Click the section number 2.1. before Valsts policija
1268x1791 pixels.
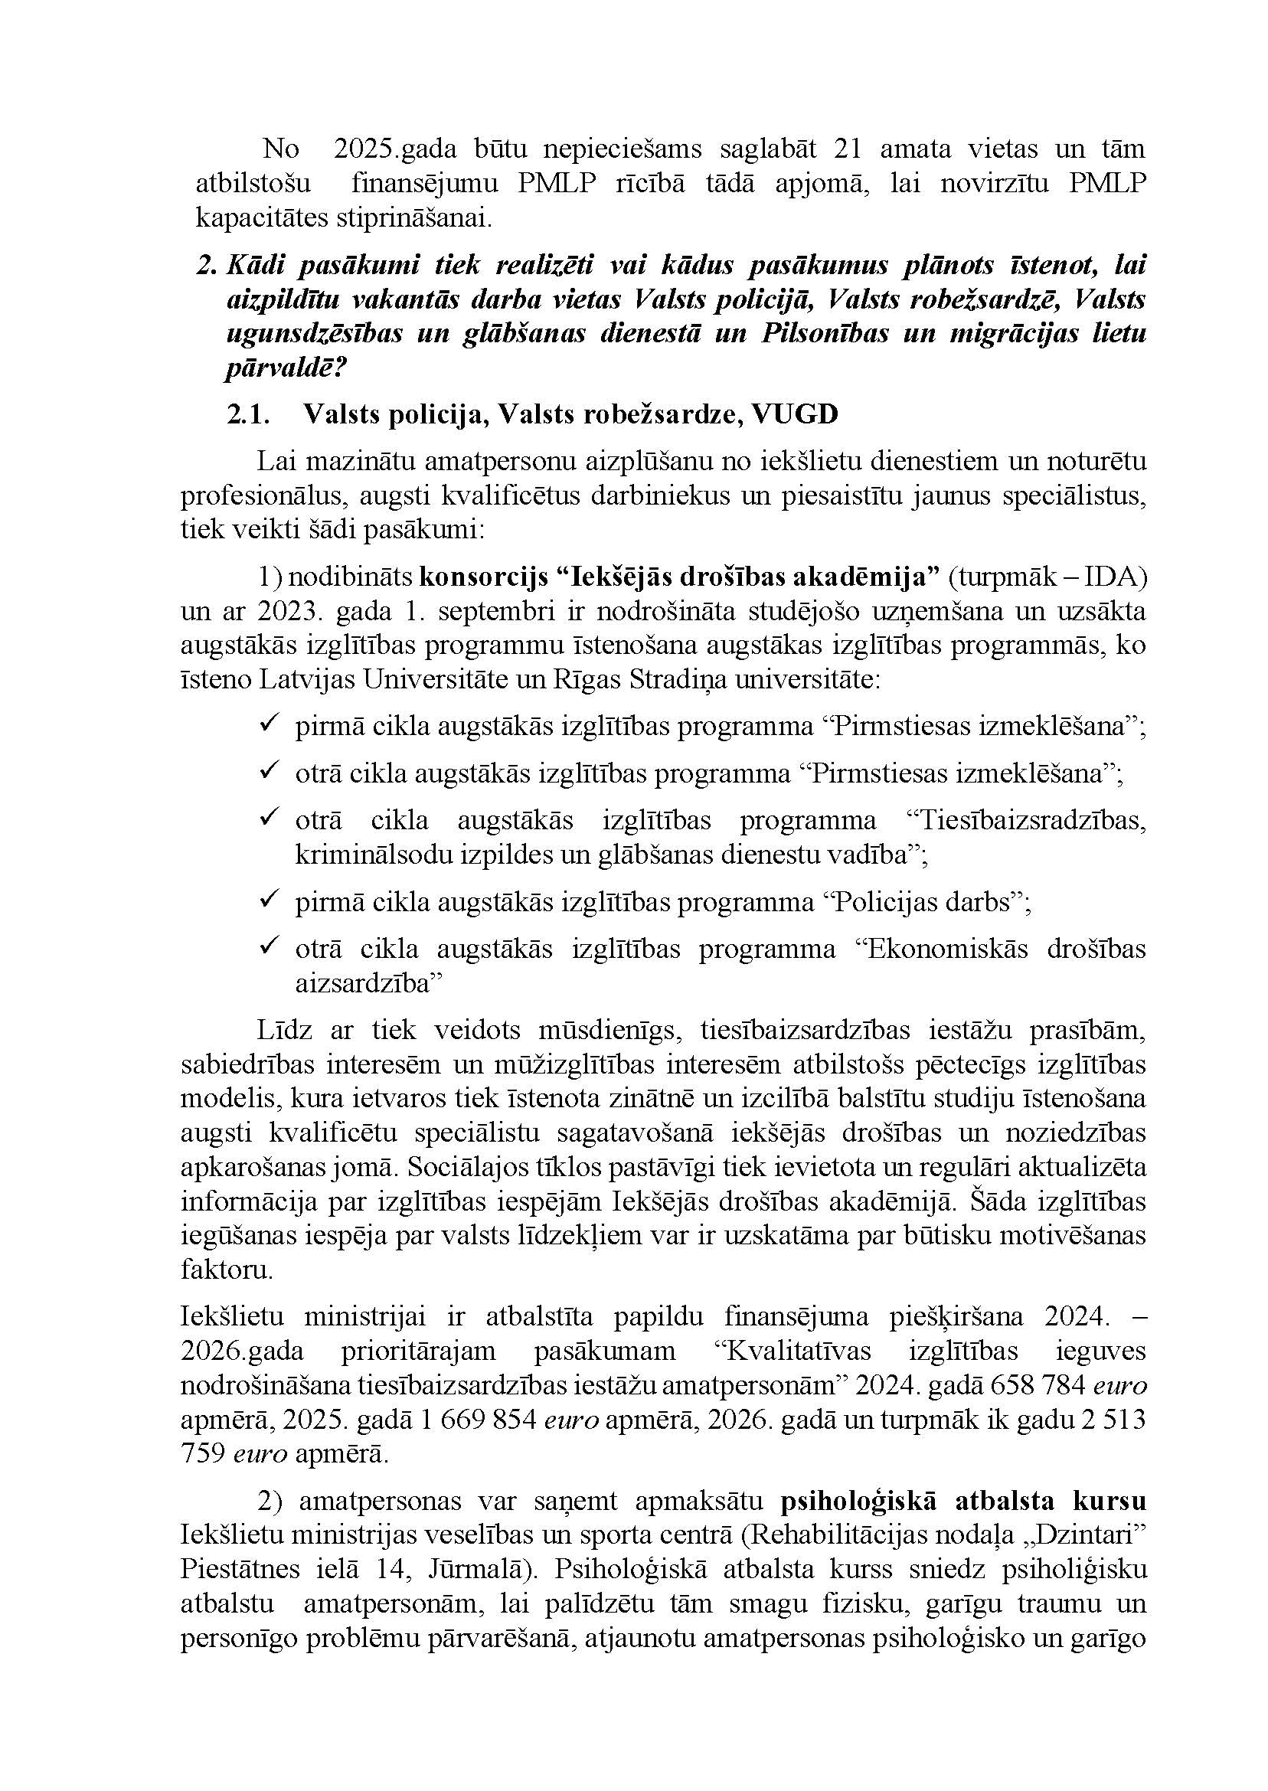tap(248, 414)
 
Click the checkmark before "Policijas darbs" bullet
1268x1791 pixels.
tap(270, 900)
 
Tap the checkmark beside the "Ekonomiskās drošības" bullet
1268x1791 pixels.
tap(270, 947)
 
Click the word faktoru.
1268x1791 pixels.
tap(227, 1270)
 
